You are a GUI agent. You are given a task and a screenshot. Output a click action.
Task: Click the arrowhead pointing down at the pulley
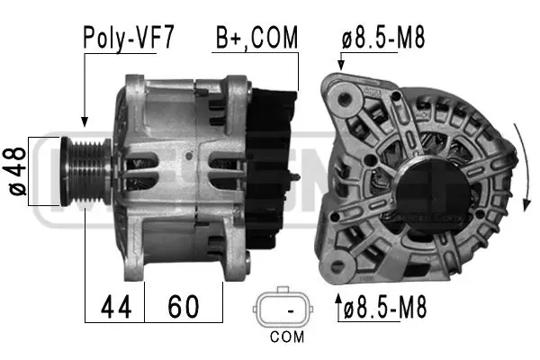pyautogui.click(x=84, y=120)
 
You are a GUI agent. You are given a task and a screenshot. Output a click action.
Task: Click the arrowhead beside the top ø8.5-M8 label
pyautogui.click(x=340, y=65)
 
